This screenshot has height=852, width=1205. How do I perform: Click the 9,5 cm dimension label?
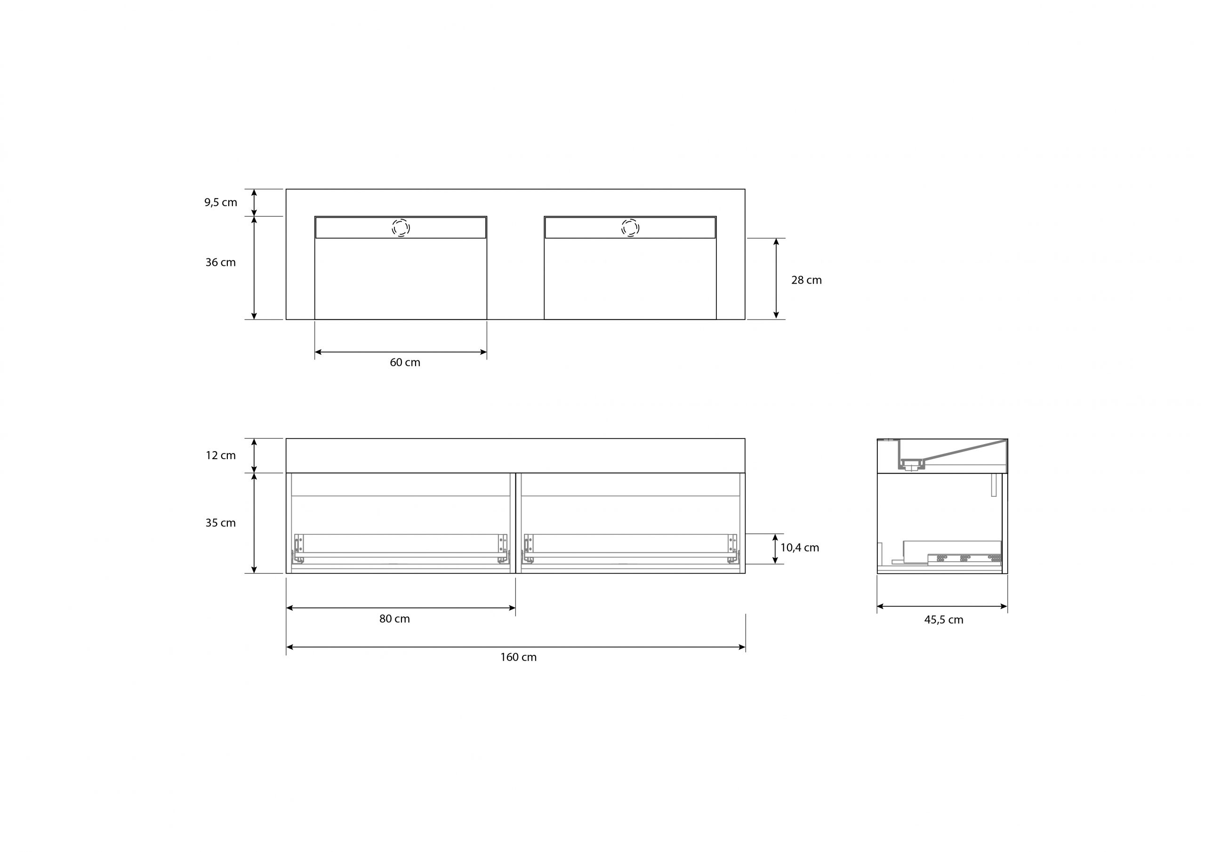220,202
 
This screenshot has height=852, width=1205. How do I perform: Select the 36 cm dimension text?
220,263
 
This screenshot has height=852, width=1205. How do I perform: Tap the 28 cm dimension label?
806,280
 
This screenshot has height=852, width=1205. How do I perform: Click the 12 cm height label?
220,455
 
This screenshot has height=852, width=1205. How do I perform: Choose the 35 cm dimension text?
220,523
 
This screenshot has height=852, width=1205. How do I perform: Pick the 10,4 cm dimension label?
799,548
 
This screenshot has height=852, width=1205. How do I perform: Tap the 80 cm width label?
394,619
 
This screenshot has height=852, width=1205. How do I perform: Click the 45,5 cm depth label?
944,620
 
